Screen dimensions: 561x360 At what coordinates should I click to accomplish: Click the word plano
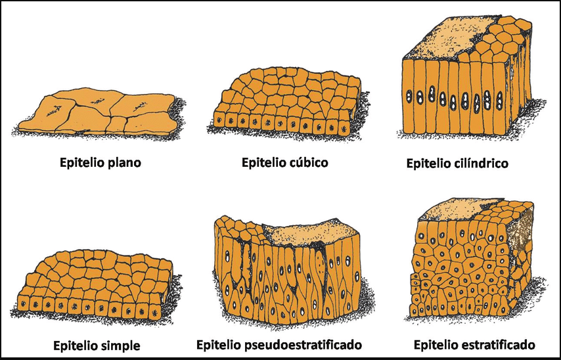tap(125, 163)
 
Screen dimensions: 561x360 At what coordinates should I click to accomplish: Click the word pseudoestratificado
tap(303, 345)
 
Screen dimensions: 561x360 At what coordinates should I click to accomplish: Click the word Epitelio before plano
tap(82, 163)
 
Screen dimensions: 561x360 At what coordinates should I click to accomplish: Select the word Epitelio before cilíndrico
tap(430, 163)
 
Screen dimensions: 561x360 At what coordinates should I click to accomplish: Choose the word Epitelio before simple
tap(76, 346)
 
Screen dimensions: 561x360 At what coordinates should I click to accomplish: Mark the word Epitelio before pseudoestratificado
tap(219, 345)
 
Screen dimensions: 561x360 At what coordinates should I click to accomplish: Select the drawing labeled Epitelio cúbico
tap(288, 103)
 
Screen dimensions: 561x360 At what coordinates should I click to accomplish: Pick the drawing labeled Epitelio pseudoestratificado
tap(290, 270)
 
